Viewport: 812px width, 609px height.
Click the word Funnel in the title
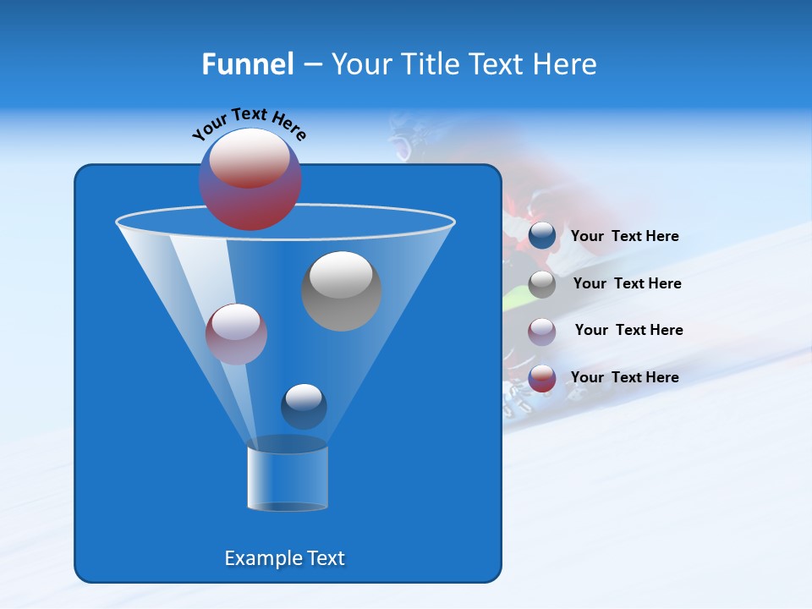247,64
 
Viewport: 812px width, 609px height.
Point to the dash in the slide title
311,65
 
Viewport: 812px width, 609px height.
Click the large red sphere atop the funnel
250,178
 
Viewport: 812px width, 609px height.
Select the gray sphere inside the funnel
341,290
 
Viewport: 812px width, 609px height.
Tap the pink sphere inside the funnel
236,334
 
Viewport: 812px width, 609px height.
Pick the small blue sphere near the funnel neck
304,406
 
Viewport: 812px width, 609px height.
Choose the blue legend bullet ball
542,236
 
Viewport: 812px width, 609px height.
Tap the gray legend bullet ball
542,284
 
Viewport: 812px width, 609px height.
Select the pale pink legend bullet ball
542,331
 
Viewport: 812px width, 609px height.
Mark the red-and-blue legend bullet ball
542,378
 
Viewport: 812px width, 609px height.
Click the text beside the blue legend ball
624,237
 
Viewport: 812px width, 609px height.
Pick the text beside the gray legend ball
627,284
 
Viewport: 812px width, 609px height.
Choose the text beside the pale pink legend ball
628,331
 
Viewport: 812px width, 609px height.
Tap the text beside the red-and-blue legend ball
624,378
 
